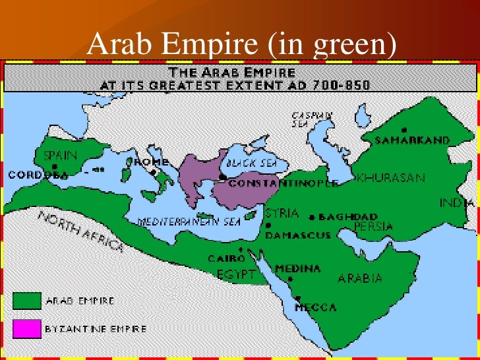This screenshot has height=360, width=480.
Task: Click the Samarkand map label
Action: (x=413, y=140)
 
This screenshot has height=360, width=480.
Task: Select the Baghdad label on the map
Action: (x=347, y=217)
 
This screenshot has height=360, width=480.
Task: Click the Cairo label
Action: (x=223, y=259)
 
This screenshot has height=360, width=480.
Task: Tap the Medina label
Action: (x=298, y=269)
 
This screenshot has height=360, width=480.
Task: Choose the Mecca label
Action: (x=315, y=308)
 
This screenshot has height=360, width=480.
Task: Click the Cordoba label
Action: (x=38, y=175)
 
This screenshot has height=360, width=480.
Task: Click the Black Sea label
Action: (x=246, y=162)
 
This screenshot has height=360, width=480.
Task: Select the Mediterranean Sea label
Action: (x=189, y=222)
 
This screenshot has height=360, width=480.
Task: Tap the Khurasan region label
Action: (x=390, y=179)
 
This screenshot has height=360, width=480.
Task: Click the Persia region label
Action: (x=373, y=227)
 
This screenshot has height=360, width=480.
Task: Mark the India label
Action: (x=458, y=202)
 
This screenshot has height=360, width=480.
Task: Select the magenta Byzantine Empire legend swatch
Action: (x=27, y=328)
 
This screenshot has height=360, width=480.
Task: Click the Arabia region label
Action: (x=360, y=278)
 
